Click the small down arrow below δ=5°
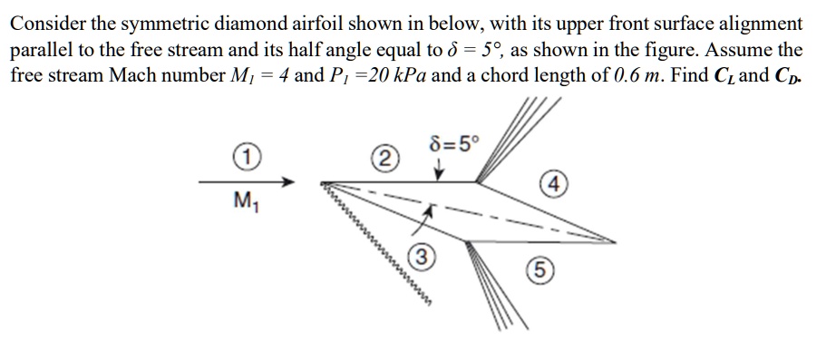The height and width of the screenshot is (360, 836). pyautogui.click(x=439, y=169)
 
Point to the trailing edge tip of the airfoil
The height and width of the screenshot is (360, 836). pyautogui.click(x=615, y=242)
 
